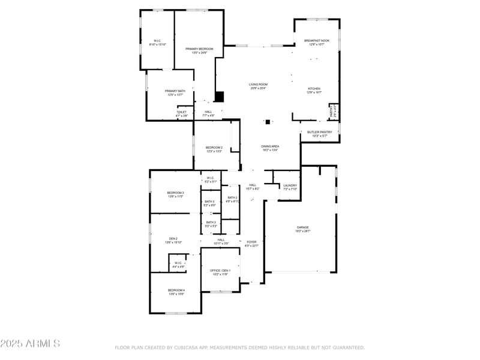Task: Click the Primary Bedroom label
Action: (x=199, y=49)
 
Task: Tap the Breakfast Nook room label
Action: (x=316, y=41)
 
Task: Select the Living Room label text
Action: (x=258, y=85)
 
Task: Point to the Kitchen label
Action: (x=314, y=89)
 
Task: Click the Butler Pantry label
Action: (x=319, y=132)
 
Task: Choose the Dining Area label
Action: (x=270, y=146)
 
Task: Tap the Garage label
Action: (x=302, y=227)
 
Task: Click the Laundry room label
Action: (x=290, y=185)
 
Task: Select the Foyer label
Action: (x=251, y=242)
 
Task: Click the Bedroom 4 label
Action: (x=176, y=290)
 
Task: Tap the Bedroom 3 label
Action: (x=175, y=193)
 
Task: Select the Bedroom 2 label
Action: (x=214, y=148)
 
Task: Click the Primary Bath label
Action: (x=175, y=91)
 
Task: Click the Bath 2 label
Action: (x=232, y=197)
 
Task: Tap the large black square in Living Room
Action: (x=220, y=96)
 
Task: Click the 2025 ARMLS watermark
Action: (x=30, y=344)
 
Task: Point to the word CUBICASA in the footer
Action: (x=188, y=347)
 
